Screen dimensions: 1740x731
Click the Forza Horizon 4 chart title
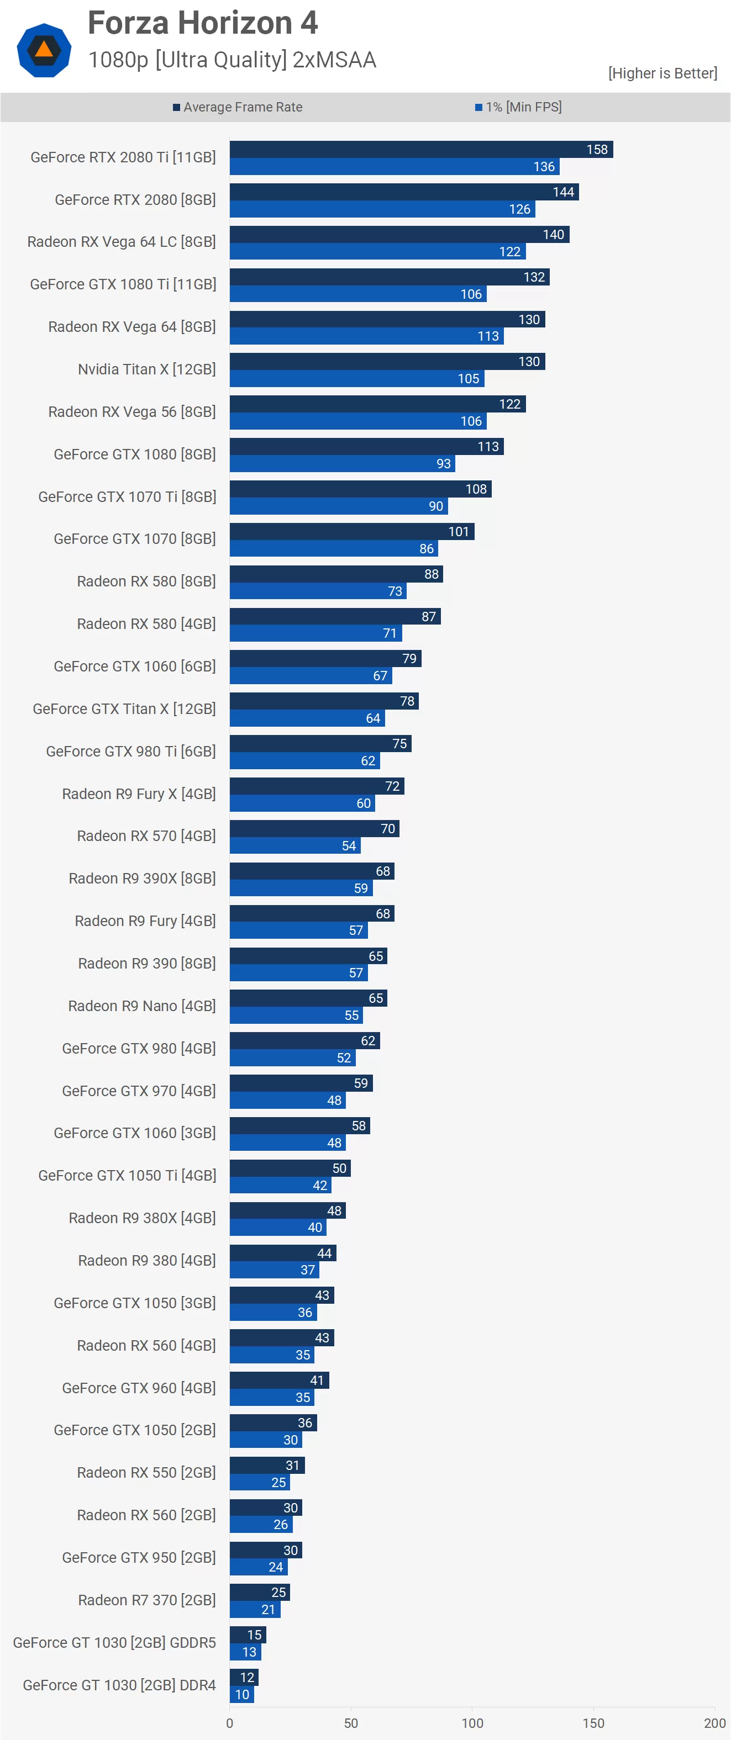(x=203, y=23)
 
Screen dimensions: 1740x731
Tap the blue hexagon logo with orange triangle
(x=44, y=50)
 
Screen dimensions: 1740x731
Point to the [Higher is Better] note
(x=662, y=73)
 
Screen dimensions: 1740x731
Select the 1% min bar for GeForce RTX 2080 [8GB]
(x=382, y=209)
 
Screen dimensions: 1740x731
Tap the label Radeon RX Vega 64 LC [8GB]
(x=122, y=242)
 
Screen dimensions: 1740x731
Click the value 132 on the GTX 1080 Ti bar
(x=534, y=277)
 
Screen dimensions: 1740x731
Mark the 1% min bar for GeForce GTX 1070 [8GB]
(x=333, y=548)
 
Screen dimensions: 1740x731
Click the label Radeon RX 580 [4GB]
(x=146, y=623)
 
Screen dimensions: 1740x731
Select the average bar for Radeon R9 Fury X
(x=316, y=786)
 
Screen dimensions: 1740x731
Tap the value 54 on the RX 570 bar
(x=349, y=845)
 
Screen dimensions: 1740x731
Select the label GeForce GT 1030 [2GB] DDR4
(x=119, y=1685)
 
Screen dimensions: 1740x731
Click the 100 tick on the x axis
(x=472, y=1723)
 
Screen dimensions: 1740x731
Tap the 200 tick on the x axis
(x=714, y=1723)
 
